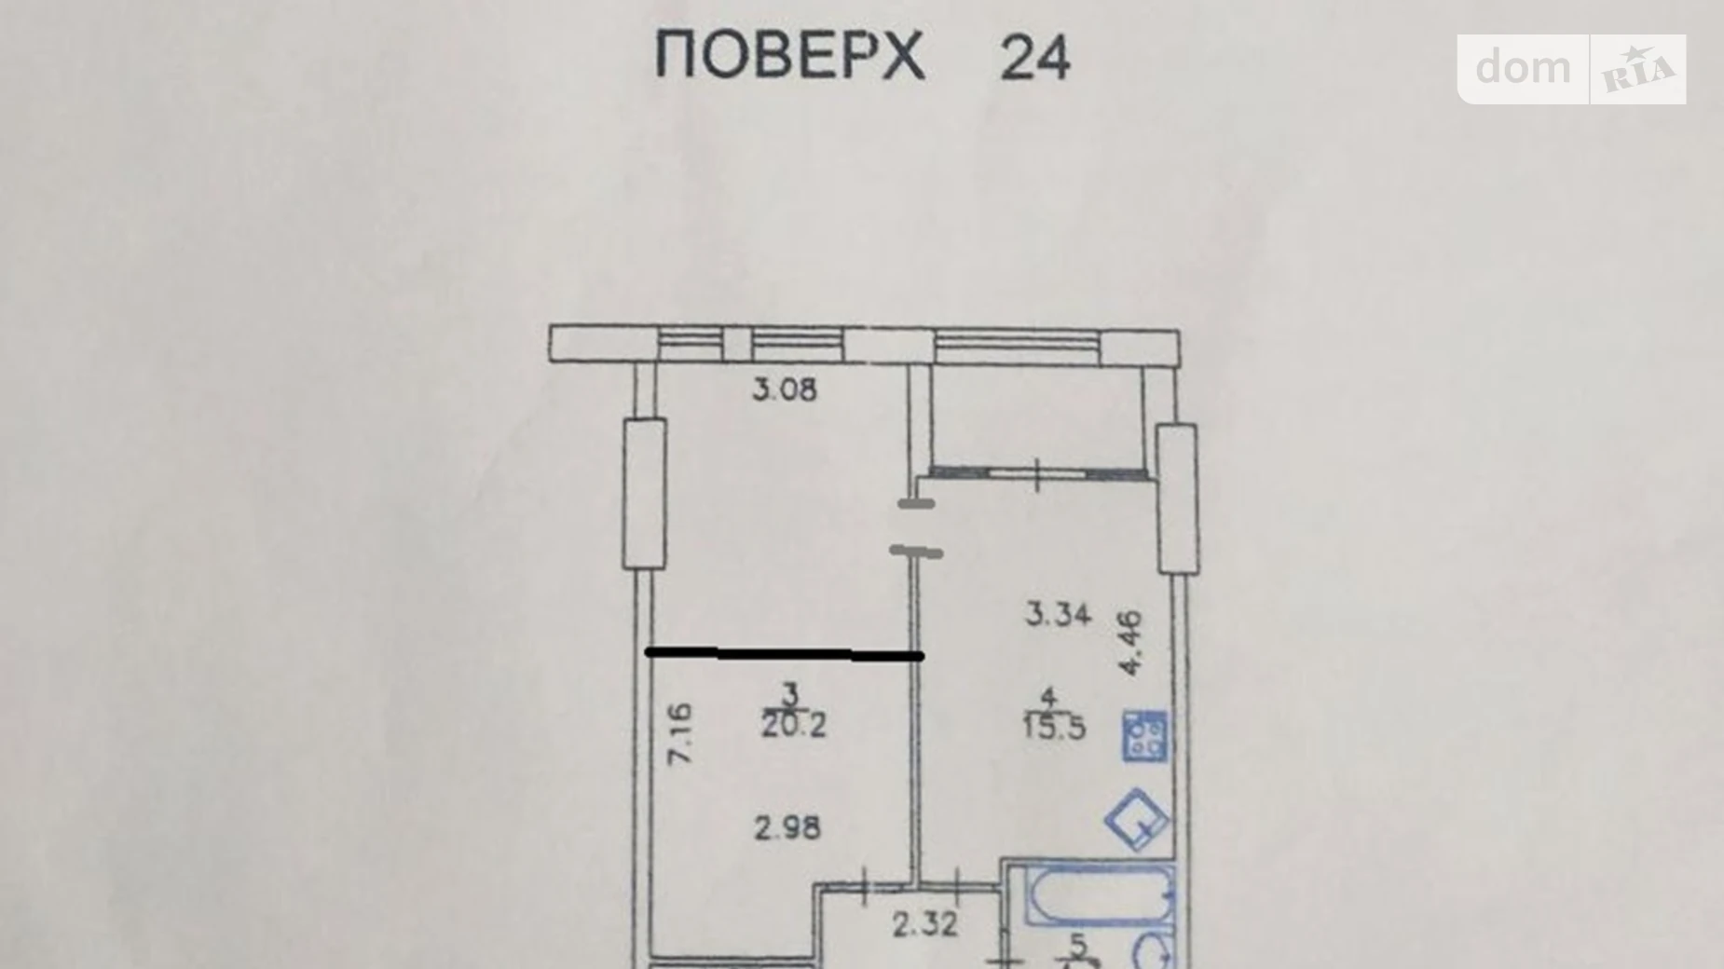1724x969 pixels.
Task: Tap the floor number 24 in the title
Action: point(1035,58)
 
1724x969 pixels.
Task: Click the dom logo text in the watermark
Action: point(1523,68)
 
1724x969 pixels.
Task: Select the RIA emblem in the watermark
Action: point(1638,69)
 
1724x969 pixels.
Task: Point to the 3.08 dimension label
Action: point(785,389)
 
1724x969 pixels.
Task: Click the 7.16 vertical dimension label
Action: point(682,734)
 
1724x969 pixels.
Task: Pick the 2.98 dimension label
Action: point(787,827)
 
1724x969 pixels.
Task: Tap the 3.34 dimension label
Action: point(1058,614)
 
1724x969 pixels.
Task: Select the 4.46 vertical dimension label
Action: point(1129,643)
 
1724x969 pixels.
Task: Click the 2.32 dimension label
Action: point(924,925)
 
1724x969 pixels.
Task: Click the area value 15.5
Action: point(1054,727)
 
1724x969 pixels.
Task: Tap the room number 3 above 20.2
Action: point(792,693)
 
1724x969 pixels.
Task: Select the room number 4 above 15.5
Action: point(1049,696)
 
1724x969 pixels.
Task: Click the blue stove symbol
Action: point(1145,736)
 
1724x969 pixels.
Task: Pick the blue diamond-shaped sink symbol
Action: point(1137,819)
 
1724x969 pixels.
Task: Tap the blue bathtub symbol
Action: point(1100,896)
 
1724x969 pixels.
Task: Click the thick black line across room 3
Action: point(784,655)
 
